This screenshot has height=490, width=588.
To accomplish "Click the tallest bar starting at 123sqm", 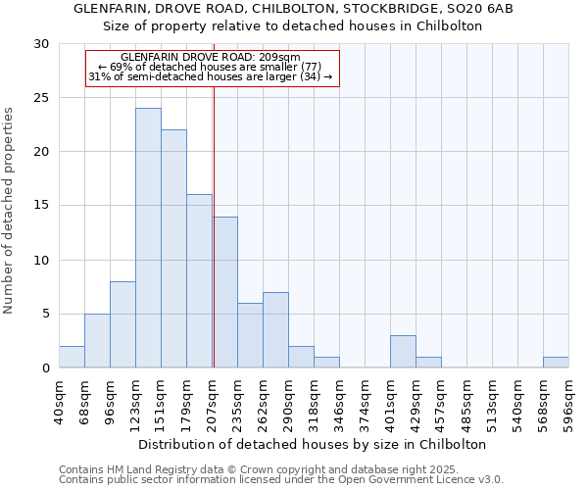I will [x=148, y=238].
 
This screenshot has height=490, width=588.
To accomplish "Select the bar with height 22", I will [x=173, y=249].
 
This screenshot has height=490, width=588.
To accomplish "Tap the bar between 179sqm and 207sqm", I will [x=199, y=281].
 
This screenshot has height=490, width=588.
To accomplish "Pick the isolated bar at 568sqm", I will [x=556, y=363].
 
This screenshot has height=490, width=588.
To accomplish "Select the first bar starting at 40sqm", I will [x=72, y=358].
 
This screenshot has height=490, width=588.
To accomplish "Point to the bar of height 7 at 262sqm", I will [x=275, y=330].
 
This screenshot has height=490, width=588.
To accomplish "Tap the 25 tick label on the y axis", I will [x=41, y=98].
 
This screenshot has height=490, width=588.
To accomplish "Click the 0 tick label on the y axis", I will [x=45, y=368].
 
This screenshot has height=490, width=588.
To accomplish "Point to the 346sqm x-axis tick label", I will [x=340, y=403].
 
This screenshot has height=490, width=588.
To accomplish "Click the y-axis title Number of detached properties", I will [x=9, y=211].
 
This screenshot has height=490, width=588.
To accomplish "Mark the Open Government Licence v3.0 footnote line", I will [x=280, y=480].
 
